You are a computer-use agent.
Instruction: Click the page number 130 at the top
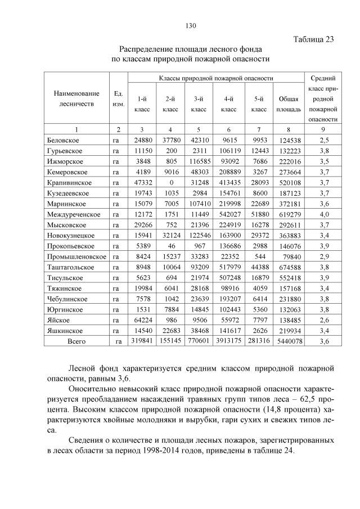(x=190, y=25)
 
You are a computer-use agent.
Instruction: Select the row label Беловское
(x=62, y=139)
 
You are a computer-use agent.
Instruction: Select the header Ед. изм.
(x=118, y=99)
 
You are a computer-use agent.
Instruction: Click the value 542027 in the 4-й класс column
(x=229, y=214)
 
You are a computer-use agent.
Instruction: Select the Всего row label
(x=76, y=341)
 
